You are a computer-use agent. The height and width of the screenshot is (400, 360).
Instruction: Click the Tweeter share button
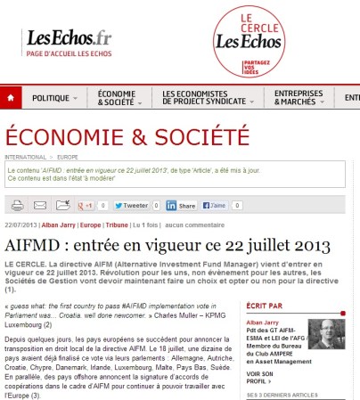pos(130,205)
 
